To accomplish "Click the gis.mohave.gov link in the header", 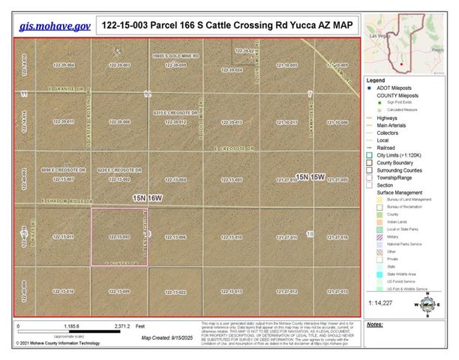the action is [55, 25].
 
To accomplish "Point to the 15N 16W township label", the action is [146, 197].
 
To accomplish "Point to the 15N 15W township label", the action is [309, 177].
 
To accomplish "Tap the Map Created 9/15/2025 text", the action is [166, 337].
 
